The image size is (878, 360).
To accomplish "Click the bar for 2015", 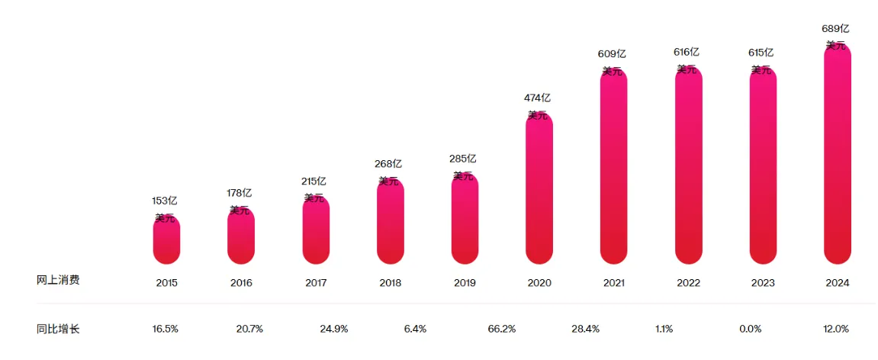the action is coord(166,239).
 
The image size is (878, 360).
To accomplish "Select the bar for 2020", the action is coord(539,188).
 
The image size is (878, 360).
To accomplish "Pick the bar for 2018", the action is coord(391,221).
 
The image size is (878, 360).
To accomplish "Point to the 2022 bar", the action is coord(689,165).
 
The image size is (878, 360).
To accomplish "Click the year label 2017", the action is coord(316,283).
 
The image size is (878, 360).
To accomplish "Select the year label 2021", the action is coord(614,283).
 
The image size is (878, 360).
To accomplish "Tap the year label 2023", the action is coord(764,283).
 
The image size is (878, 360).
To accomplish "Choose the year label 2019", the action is coord(465,283).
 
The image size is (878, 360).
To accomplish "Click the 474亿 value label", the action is coord(538,98).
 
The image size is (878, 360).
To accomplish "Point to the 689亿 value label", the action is coord(836,30).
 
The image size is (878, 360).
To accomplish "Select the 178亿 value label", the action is coord(239,193).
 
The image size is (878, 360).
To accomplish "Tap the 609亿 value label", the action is coord(612,54).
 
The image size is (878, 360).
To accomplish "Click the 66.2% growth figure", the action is coord(502,329).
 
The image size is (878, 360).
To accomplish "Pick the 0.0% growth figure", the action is coord(751,329).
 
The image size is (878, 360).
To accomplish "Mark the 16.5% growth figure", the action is coord(166,329).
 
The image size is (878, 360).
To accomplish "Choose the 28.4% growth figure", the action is coord(586,329).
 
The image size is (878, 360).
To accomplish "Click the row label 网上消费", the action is coord(58,281).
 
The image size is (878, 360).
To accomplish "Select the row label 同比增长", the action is coord(58,329).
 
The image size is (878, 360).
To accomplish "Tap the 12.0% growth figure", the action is coord(836,329).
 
